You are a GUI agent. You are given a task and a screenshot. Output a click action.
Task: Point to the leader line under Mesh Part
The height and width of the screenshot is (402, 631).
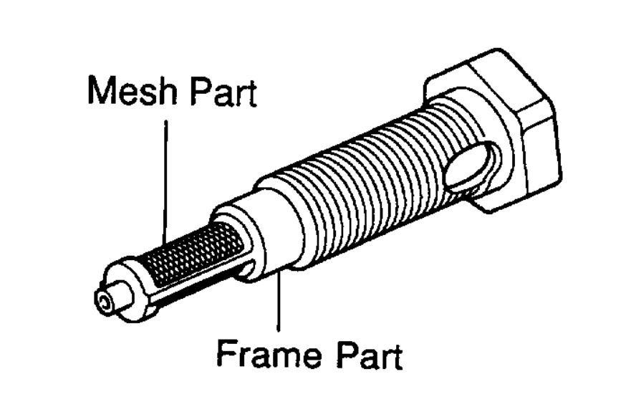click(165, 179)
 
